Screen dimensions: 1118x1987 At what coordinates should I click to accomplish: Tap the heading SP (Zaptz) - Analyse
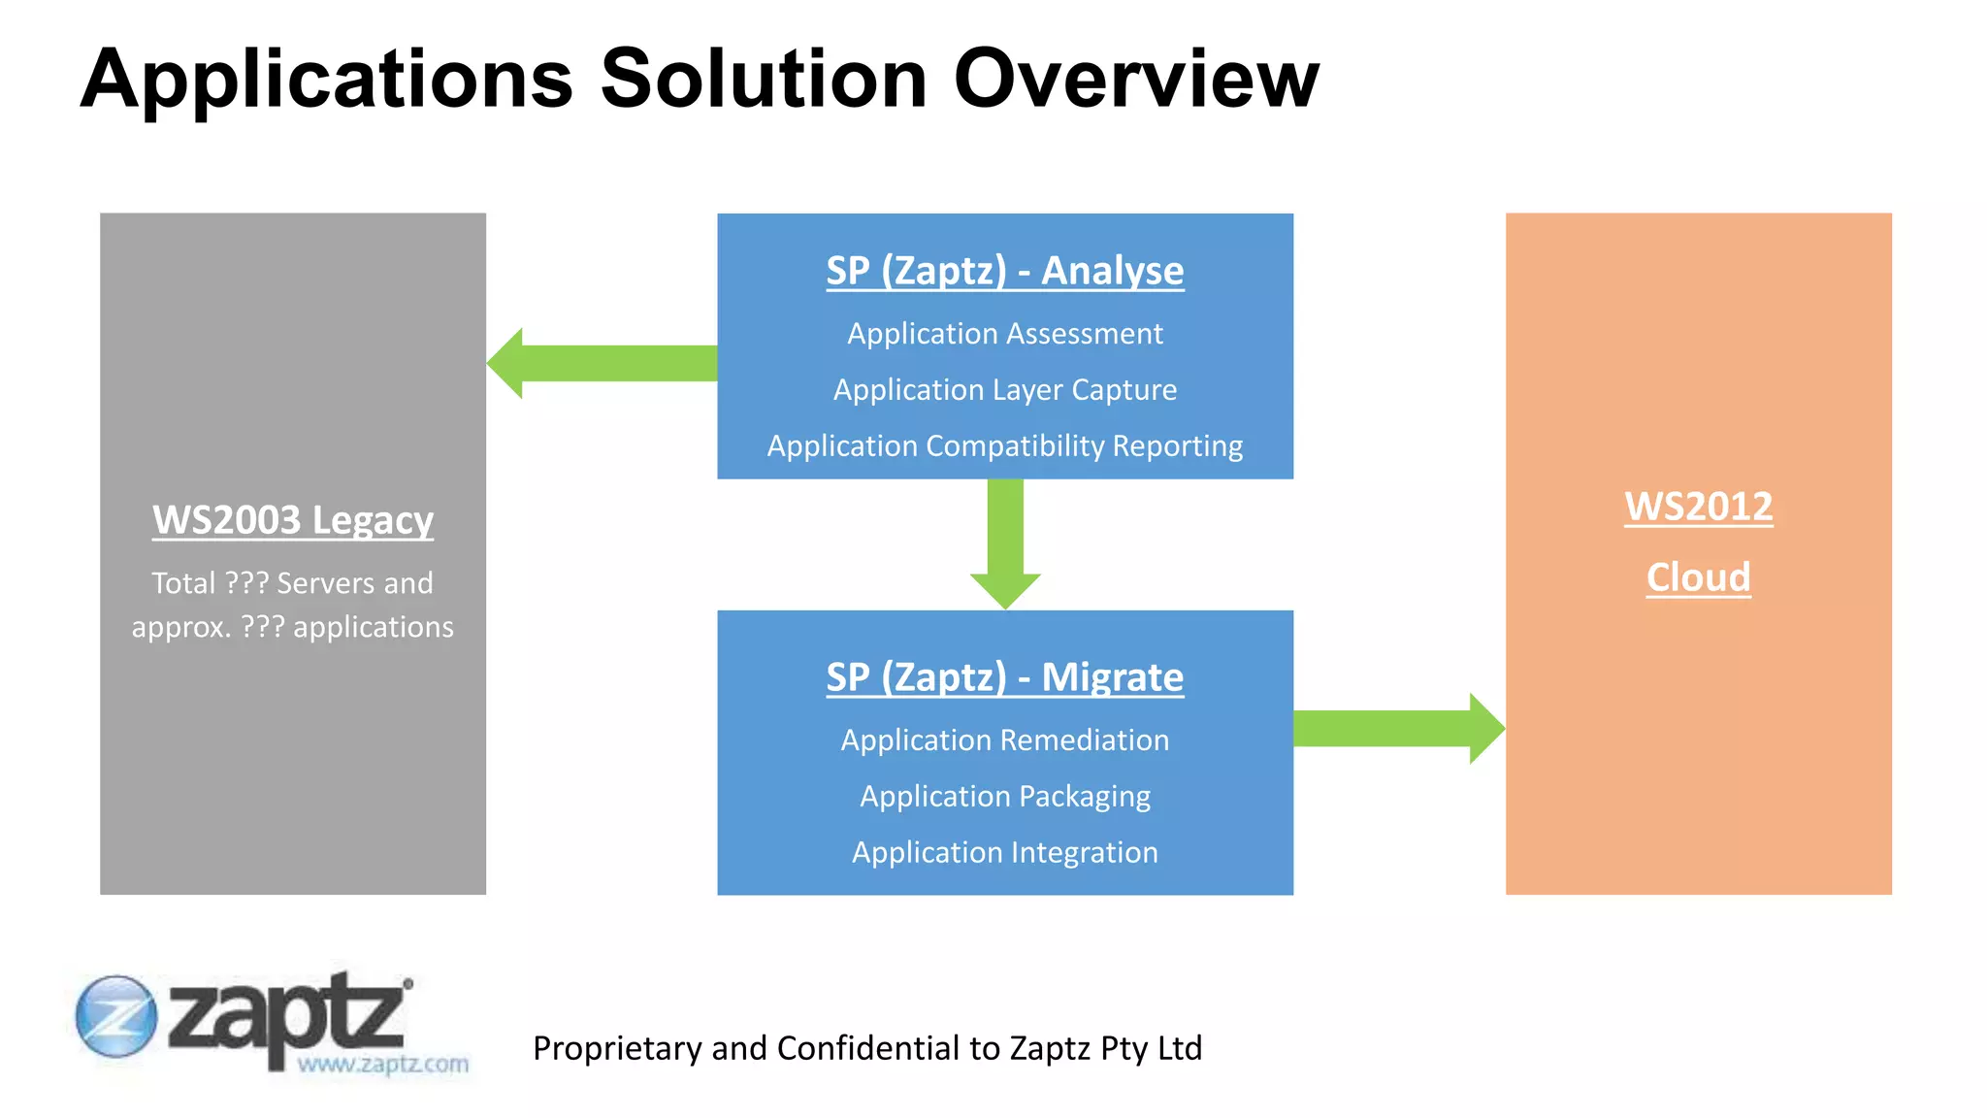[1004, 270]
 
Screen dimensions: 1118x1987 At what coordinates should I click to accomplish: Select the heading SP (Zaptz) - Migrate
[1004, 676]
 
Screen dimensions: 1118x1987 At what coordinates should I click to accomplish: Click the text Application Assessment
[1004, 334]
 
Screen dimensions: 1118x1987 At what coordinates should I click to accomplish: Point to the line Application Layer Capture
[1004, 390]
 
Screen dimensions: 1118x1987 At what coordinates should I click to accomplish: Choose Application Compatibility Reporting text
[1004, 446]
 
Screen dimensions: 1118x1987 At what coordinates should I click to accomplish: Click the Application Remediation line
[1004, 740]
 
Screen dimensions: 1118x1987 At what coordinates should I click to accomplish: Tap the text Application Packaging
[1004, 797]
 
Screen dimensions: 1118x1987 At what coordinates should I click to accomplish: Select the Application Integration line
[1004, 852]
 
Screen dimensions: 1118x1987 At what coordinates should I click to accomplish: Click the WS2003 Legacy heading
[292, 520]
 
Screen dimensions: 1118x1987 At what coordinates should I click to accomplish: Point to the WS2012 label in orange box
[1698, 507]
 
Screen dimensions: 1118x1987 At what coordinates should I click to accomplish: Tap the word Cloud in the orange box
[1698, 577]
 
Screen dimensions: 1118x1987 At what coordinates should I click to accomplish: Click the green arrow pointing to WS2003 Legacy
[602, 363]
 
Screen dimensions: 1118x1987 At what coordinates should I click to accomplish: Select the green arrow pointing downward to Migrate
[1005, 543]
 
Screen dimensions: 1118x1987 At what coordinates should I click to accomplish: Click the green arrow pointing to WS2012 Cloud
[1397, 728]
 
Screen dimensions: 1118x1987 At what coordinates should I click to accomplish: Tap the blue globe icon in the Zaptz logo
[115, 1016]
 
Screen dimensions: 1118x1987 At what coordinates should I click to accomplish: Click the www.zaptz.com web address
[382, 1064]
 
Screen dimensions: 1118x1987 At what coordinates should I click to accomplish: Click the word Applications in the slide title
[327, 80]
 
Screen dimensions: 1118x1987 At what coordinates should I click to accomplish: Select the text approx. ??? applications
[292, 627]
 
